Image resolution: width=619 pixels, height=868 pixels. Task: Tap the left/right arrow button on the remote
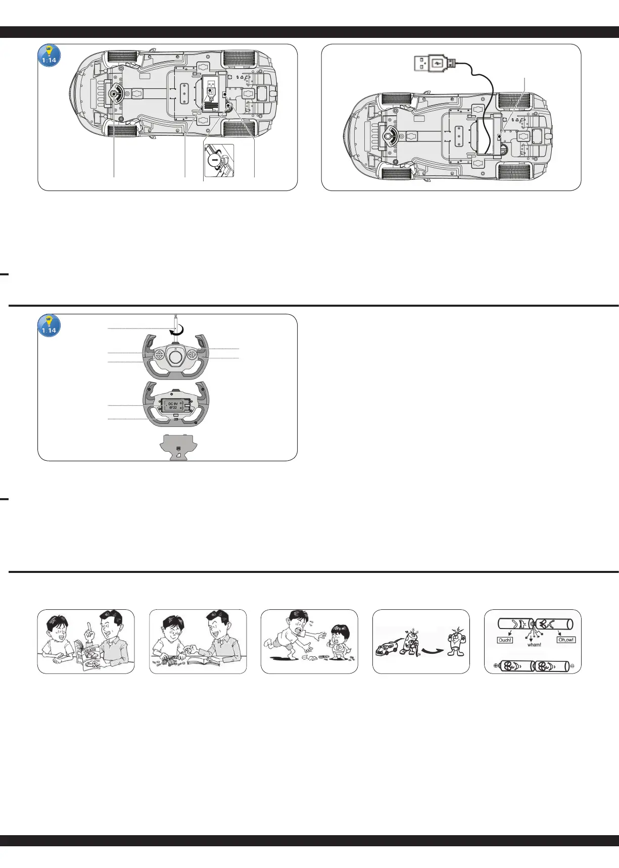click(x=193, y=355)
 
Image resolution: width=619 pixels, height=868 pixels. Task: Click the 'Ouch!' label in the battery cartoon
click(x=505, y=640)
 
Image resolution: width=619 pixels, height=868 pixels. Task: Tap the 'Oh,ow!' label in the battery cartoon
click(x=566, y=640)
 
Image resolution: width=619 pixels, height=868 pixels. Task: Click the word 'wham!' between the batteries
click(x=534, y=645)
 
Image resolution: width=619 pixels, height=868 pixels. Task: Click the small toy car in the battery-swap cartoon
click(x=387, y=648)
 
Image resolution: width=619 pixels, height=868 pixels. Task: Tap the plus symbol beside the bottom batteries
click(x=496, y=665)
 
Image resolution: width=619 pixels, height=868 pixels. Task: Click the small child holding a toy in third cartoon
click(x=339, y=642)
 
